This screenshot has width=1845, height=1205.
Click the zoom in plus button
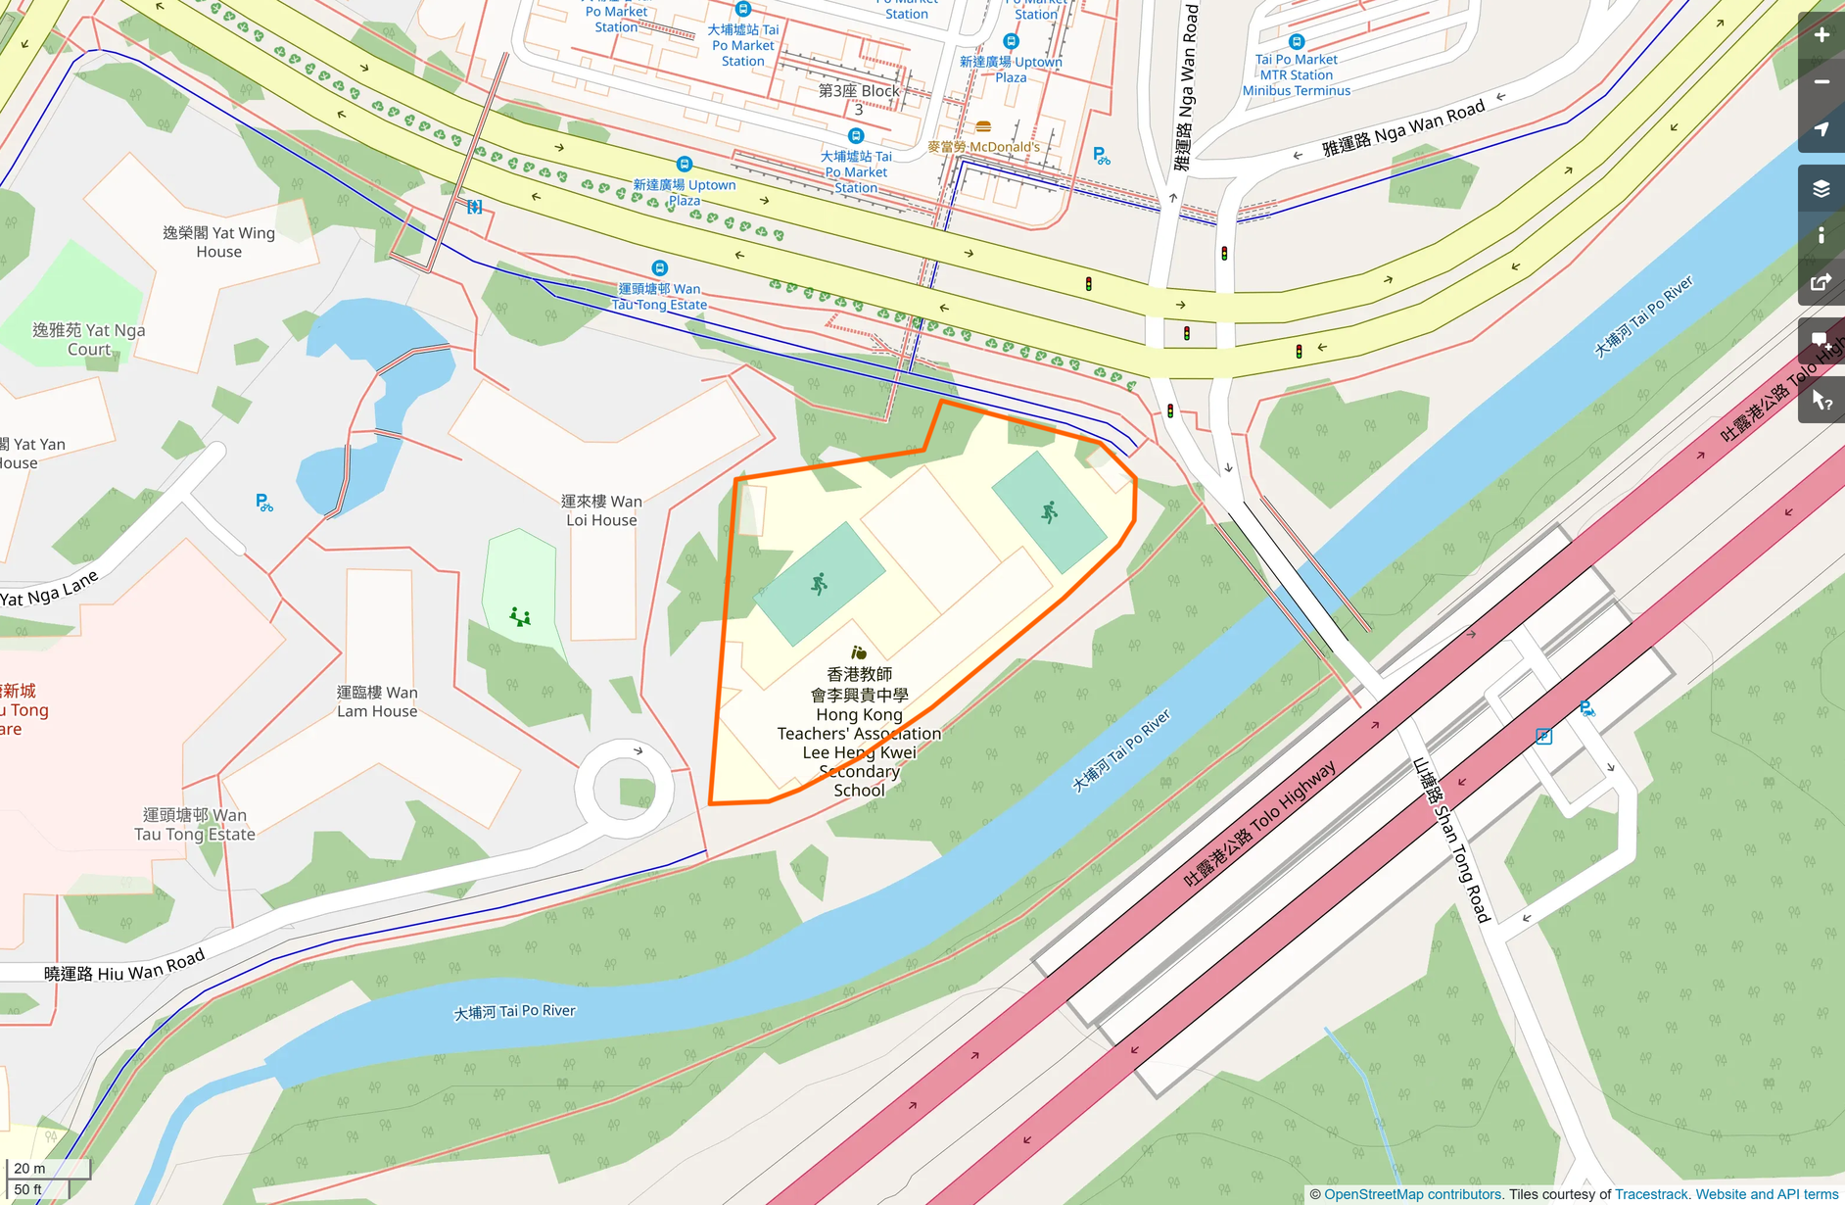(1821, 35)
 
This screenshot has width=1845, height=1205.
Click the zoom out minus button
(1821, 82)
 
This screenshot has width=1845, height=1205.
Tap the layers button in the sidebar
(1821, 188)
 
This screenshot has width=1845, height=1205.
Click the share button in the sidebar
(1821, 282)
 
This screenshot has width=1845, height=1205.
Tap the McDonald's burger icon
(983, 126)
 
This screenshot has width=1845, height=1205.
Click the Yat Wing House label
(218, 242)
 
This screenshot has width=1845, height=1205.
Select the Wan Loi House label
(601, 510)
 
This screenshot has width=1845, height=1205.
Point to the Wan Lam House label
(377, 701)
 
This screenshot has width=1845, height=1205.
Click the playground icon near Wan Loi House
(520, 616)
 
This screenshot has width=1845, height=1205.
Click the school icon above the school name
(858, 652)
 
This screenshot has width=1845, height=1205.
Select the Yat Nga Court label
(89, 339)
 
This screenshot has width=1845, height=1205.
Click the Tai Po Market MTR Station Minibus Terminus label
(1297, 74)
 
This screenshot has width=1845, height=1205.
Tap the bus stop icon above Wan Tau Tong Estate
(660, 267)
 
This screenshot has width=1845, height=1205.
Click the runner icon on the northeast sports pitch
(1049, 511)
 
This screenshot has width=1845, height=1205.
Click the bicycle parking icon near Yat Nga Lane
(264, 503)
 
